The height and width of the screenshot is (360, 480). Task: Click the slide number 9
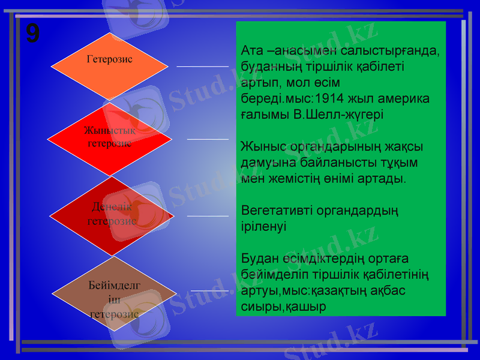(x=33, y=34)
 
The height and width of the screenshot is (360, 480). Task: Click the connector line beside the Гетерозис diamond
(x=202, y=66)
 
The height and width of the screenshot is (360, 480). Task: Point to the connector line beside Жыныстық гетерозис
(x=208, y=139)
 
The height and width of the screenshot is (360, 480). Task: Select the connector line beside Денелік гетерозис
(x=208, y=215)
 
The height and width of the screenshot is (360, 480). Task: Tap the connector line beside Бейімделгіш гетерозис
(x=210, y=291)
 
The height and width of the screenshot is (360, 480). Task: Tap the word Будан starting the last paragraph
(x=257, y=259)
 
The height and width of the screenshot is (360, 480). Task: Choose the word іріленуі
(x=263, y=227)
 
